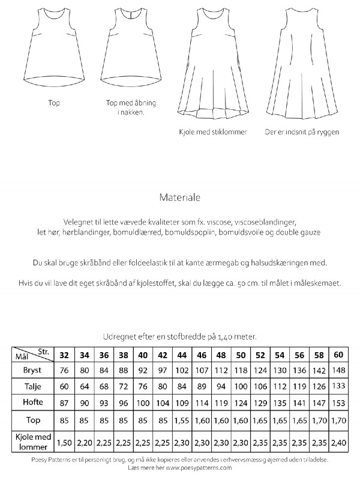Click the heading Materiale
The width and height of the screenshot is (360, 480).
(180, 196)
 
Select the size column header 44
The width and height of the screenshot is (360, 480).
(181, 354)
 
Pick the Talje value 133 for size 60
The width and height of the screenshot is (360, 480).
(339, 386)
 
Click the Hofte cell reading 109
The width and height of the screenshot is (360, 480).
(181, 402)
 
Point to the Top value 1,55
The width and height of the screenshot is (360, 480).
(181, 421)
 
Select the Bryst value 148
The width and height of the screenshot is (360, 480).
(339, 370)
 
